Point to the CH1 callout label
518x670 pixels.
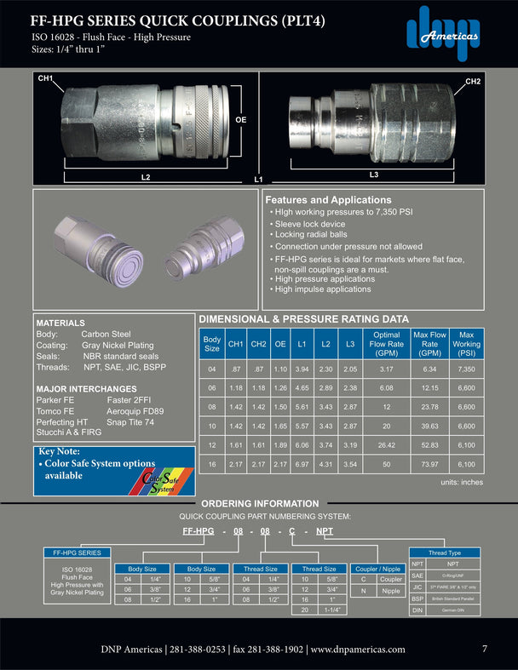point(44,78)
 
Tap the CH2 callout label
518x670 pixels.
point(474,81)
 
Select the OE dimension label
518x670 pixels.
point(241,121)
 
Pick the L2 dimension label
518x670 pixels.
point(146,176)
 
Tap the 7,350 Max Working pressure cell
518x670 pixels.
point(466,369)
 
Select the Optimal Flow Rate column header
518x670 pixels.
point(386,345)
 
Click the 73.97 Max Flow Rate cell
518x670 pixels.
point(429,465)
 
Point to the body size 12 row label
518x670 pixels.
point(211,445)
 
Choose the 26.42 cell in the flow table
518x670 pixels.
point(386,445)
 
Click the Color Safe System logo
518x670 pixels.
point(160,484)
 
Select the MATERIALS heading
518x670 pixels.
point(60,324)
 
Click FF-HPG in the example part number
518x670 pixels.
point(199,530)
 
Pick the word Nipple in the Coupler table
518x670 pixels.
point(389,591)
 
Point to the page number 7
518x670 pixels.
point(485,649)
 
